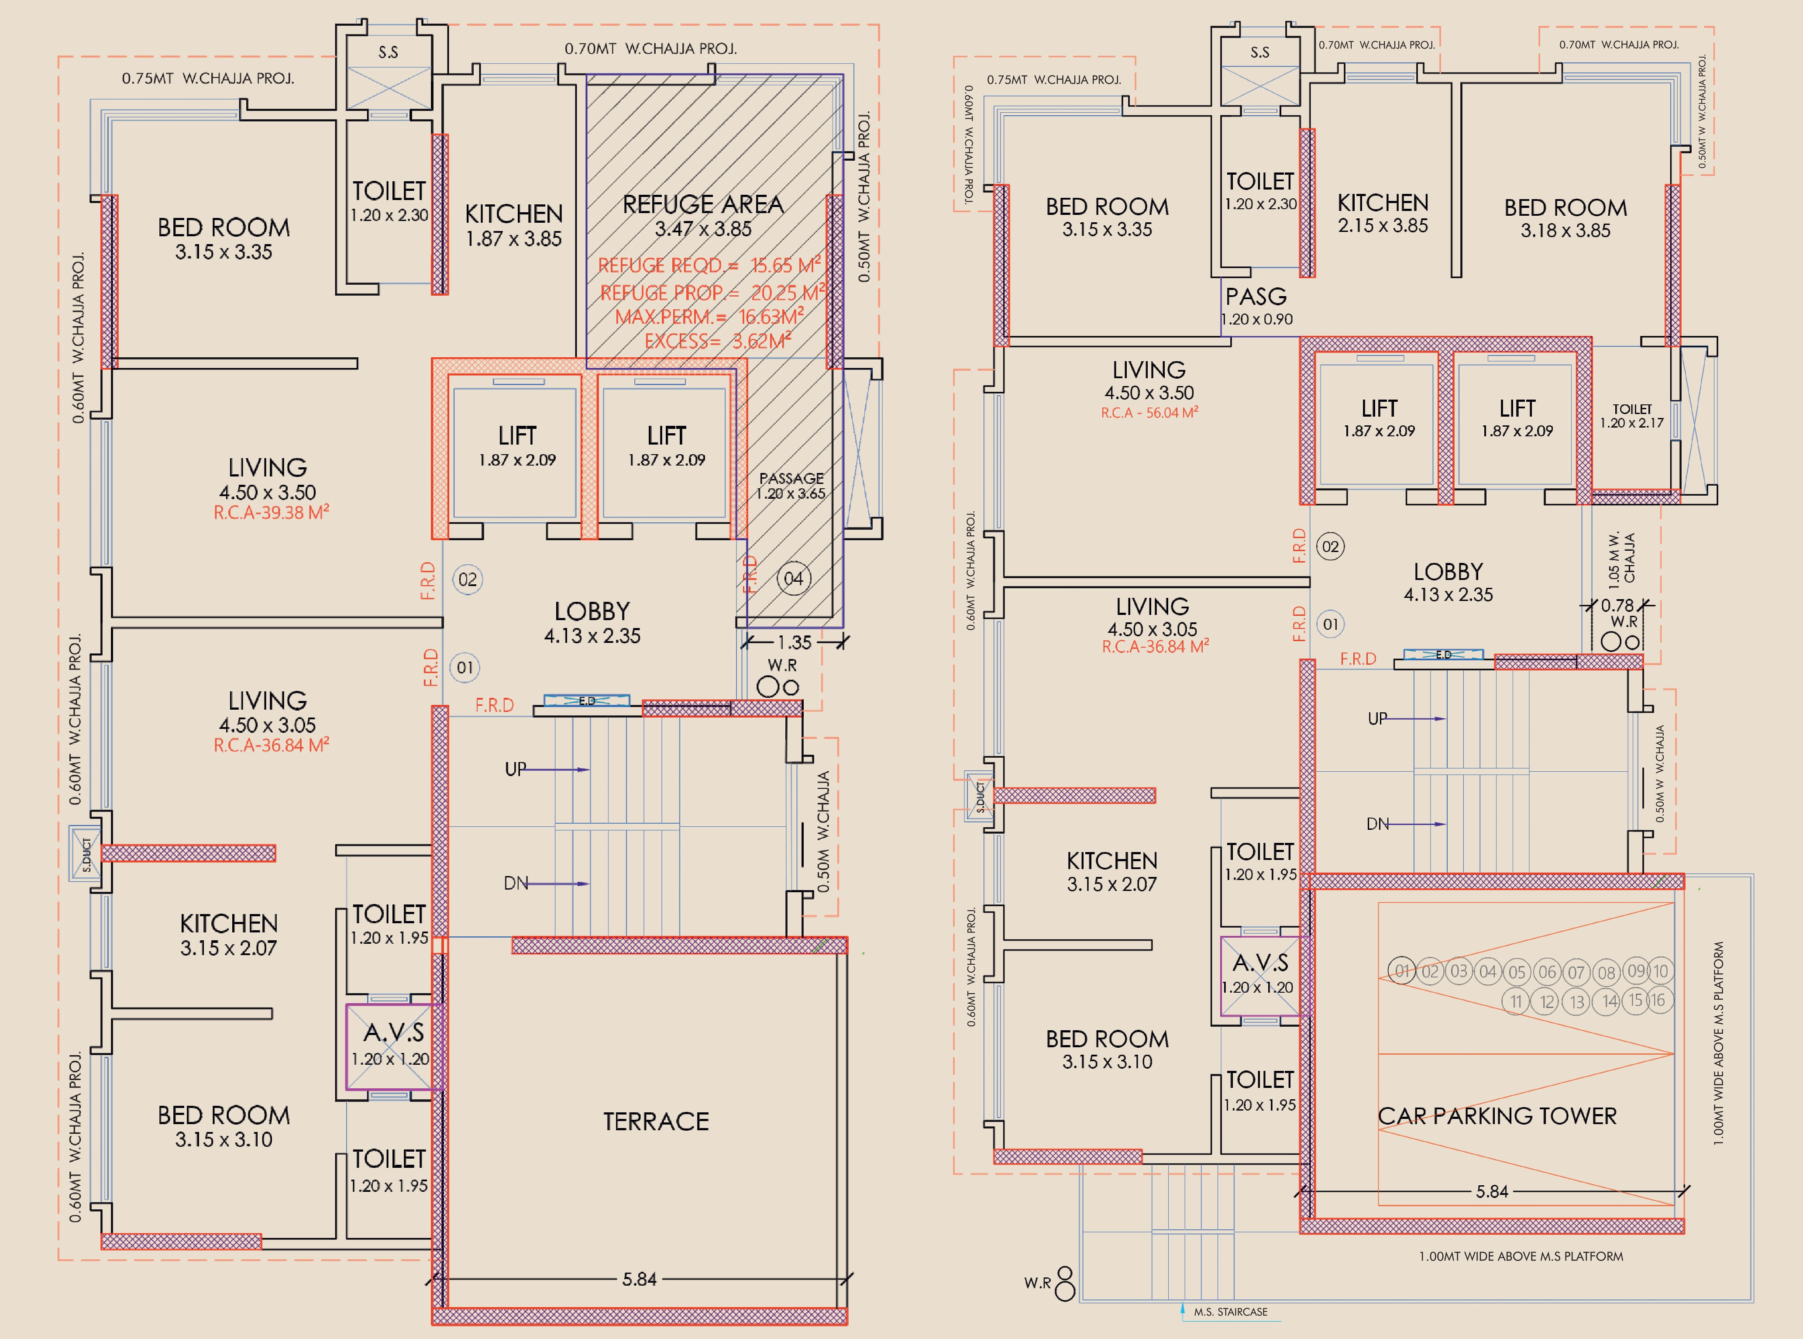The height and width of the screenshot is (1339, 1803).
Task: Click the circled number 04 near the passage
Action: [793, 579]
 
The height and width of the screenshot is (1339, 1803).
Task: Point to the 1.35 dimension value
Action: [794, 643]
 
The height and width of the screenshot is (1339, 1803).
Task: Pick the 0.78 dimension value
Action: [1617, 605]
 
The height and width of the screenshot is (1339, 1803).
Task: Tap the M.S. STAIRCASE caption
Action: [1230, 1311]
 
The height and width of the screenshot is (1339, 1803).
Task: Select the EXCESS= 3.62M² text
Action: [717, 340]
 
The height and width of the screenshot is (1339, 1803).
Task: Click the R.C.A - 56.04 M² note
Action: [1149, 413]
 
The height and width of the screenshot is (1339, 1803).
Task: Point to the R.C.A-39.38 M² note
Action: [271, 512]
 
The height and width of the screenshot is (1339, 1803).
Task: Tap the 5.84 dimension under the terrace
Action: [640, 1279]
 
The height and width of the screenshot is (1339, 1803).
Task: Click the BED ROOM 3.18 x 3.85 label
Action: [1566, 219]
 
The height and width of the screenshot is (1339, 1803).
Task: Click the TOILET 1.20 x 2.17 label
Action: [1631, 416]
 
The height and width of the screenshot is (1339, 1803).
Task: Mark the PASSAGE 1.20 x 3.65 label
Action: [791, 486]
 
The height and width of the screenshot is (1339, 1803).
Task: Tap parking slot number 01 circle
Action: [1402, 970]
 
